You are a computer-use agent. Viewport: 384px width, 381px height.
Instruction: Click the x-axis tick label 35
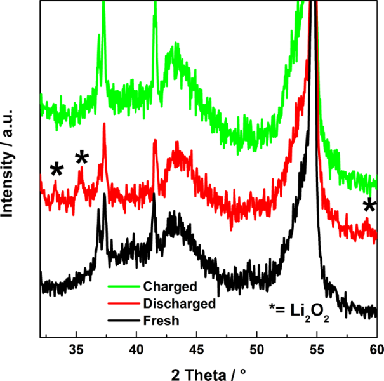click(76, 349)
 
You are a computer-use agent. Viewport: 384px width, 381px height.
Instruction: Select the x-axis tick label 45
click(196, 349)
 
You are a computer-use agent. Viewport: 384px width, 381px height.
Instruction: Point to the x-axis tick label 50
click(256, 349)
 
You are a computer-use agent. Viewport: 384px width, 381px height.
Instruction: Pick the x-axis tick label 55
click(317, 349)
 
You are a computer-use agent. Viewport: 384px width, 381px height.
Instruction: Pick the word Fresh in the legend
click(161, 321)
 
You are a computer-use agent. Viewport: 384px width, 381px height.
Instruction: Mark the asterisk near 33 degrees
click(57, 169)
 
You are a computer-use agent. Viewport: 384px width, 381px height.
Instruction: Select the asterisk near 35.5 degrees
click(82, 157)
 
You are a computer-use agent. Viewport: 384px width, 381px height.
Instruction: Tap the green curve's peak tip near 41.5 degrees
click(155, 4)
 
